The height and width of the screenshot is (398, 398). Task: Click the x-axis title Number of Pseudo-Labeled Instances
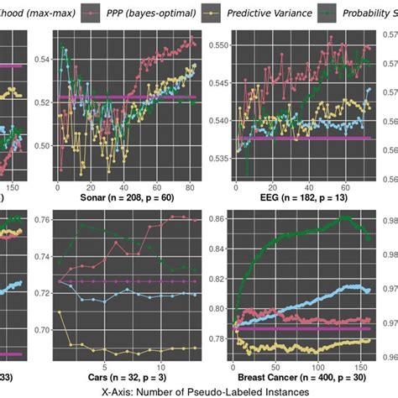[199, 391]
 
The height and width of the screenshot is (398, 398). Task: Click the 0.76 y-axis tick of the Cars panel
[40, 220]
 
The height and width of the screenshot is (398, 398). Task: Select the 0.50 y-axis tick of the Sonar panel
[40, 146]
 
